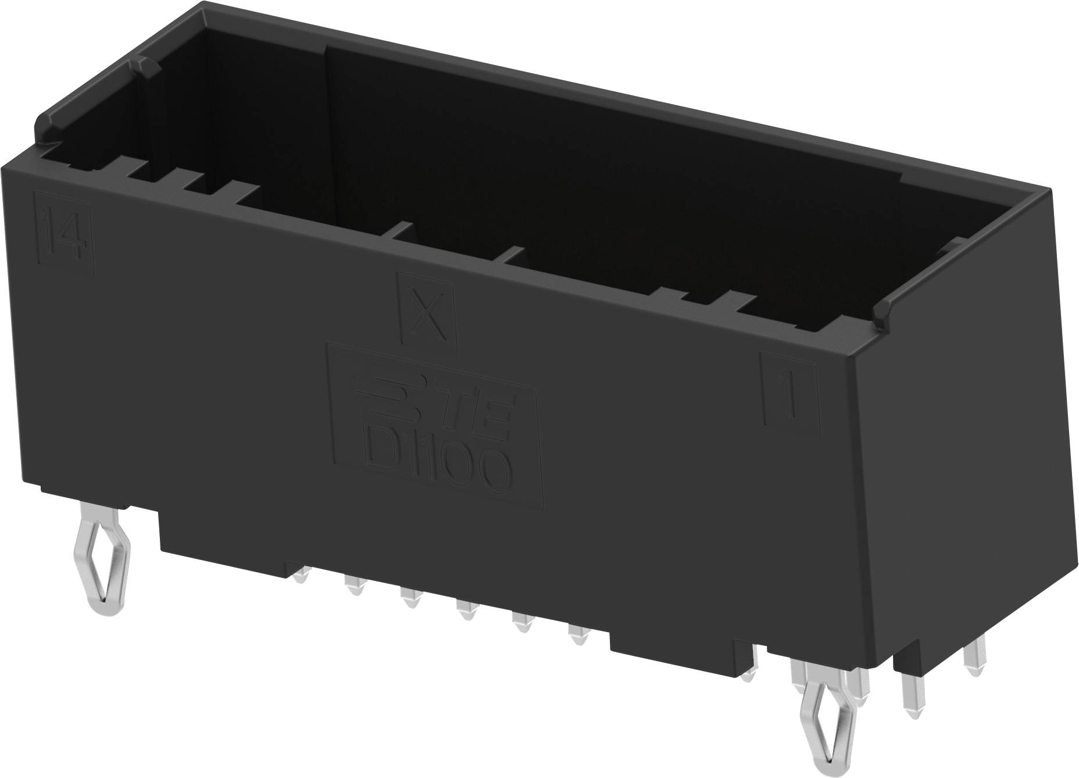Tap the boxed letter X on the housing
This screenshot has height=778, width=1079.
426,313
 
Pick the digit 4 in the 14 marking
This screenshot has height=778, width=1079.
74,238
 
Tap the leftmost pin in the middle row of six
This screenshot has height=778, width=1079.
301,576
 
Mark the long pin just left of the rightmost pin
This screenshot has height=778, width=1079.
911,695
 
